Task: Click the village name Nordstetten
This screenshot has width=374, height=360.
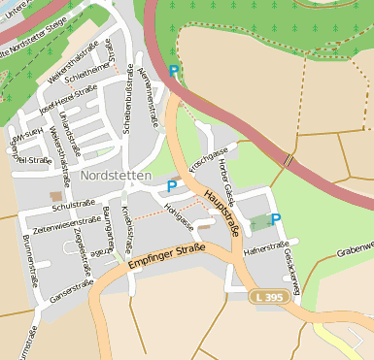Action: pos(116,177)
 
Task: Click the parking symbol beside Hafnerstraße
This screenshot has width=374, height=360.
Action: pos(276,219)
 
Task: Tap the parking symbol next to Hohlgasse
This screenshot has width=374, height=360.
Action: pos(173,185)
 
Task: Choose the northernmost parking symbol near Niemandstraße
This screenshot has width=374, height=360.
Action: pos(174,71)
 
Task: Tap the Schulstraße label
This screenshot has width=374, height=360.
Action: pos(73,205)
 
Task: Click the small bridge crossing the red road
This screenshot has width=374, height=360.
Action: pos(288,160)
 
